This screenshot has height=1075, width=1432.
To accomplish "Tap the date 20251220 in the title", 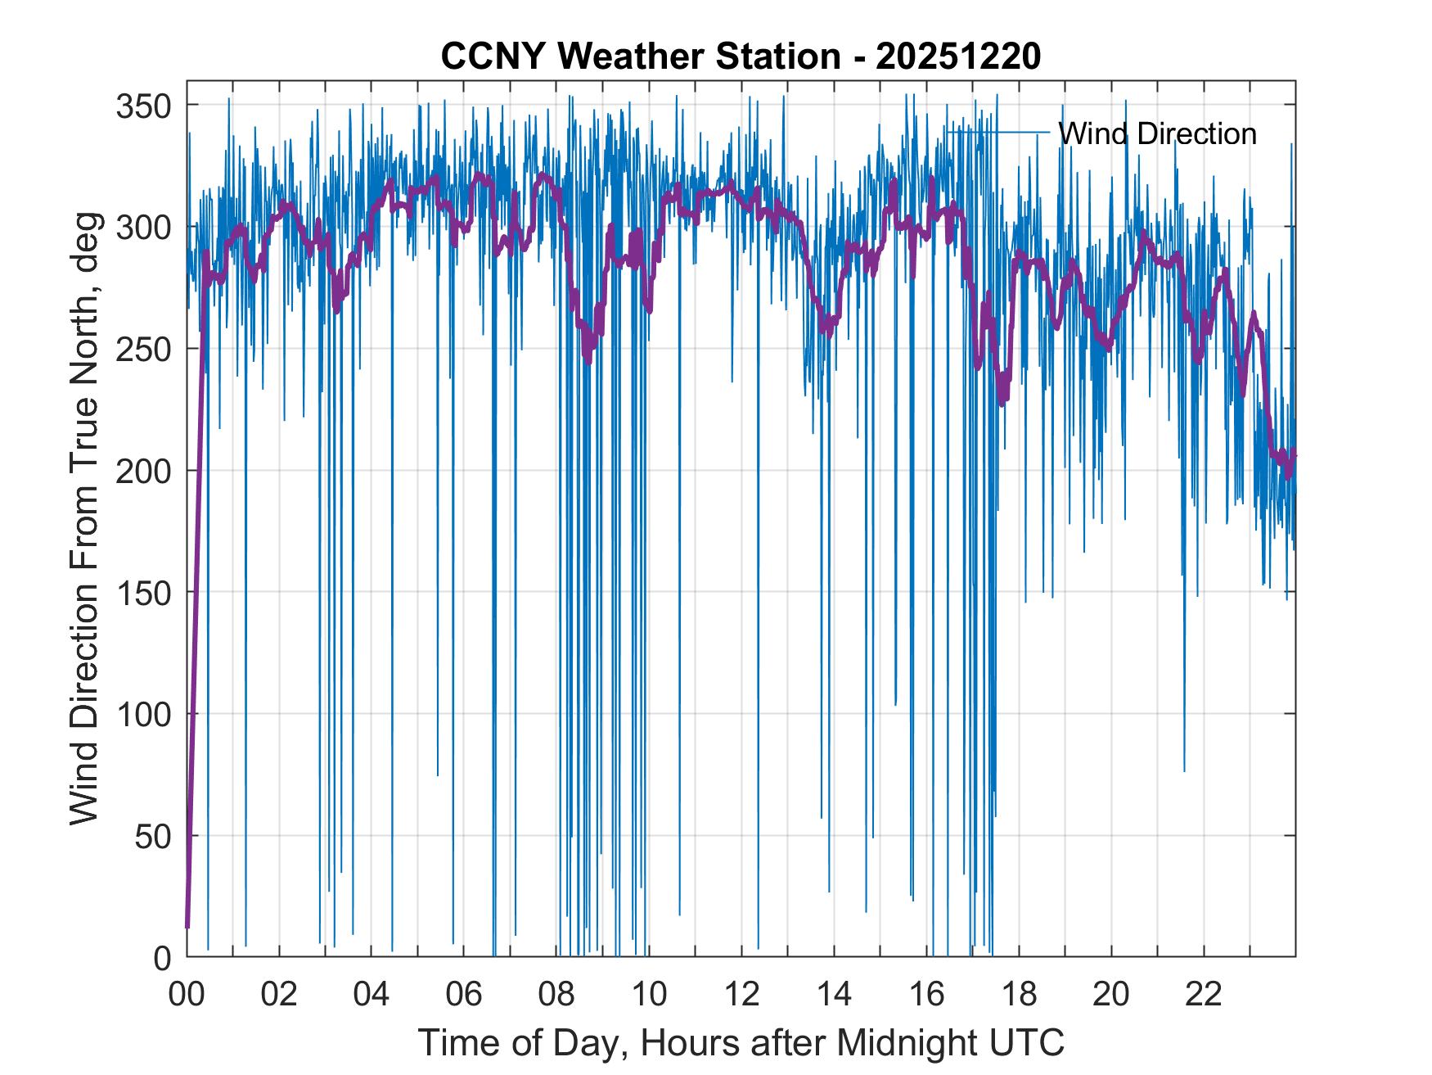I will tap(958, 56).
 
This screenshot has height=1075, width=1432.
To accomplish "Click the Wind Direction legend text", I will tap(1157, 133).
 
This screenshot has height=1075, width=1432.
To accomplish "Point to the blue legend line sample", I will tap(998, 132).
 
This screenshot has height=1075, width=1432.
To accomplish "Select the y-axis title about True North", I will tap(84, 518).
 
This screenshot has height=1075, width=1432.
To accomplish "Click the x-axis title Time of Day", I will tap(741, 1043).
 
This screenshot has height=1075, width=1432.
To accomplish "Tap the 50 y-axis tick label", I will tap(152, 835).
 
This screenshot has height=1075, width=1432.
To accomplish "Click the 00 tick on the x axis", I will tap(187, 994).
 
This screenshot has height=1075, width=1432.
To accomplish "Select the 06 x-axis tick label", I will tap(464, 994).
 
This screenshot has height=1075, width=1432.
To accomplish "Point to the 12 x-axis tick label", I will tap(741, 994).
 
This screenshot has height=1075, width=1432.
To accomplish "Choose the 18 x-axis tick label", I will tap(1019, 994).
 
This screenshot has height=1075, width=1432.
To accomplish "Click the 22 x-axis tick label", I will tap(1204, 994).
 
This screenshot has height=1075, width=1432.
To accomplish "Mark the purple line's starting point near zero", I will tap(187, 927).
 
